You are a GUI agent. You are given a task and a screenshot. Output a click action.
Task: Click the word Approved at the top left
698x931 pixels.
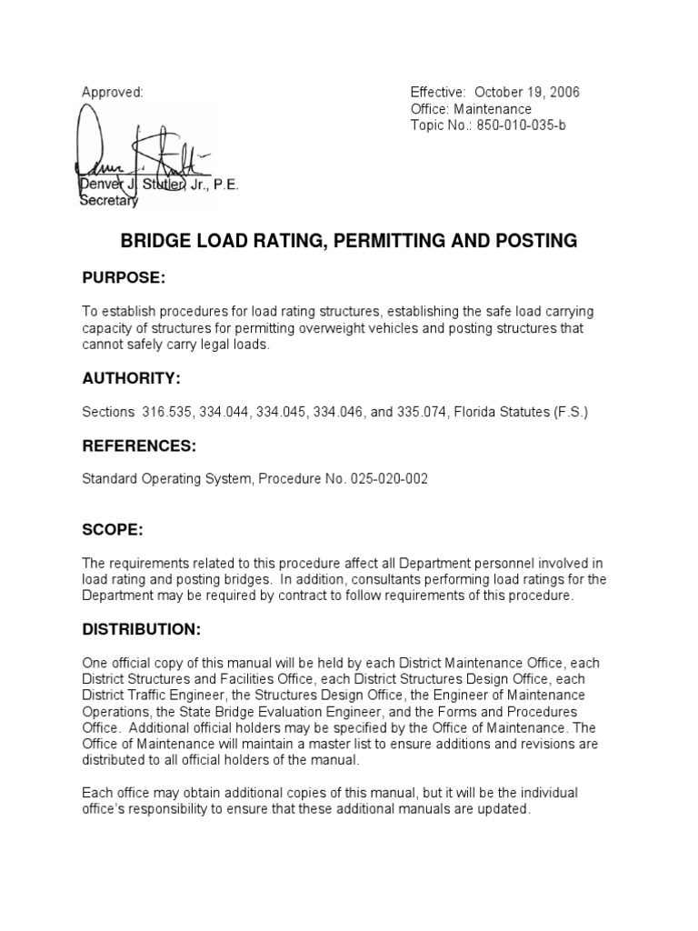[113, 93]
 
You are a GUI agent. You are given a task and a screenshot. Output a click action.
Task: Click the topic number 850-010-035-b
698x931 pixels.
[515, 125]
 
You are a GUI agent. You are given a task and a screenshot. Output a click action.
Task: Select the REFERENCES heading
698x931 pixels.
[138, 446]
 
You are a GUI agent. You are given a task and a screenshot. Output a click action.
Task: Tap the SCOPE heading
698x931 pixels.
[113, 529]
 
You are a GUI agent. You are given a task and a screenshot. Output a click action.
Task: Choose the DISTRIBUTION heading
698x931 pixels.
[141, 629]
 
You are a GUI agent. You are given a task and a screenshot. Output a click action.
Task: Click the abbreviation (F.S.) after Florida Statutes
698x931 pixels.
[569, 412]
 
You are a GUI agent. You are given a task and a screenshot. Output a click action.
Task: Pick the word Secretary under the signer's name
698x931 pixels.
[110, 202]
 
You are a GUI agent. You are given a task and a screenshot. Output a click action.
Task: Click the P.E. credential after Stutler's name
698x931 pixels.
[224, 186]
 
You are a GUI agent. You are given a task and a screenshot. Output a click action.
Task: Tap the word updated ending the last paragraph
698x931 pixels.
[504, 808]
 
